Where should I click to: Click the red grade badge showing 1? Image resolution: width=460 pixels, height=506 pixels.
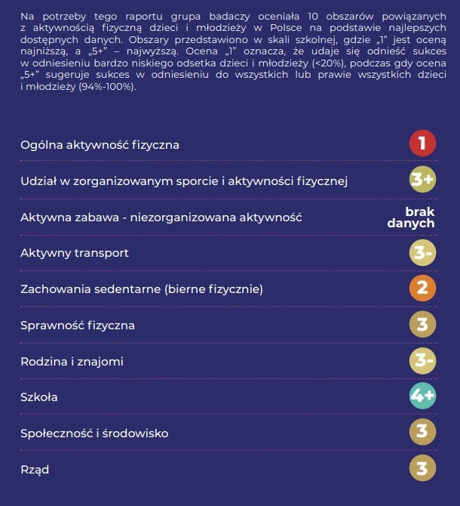pyautogui.click(x=422, y=143)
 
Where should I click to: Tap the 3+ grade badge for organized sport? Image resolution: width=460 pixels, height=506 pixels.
pyautogui.click(x=422, y=180)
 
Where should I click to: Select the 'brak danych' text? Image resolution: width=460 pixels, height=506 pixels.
pyautogui.click(x=411, y=217)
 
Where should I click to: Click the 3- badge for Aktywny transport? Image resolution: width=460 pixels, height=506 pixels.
pyautogui.click(x=422, y=253)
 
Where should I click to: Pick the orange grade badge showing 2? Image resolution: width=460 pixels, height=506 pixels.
pyautogui.click(x=422, y=288)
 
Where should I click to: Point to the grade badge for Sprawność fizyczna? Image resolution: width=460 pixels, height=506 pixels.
pyautogui.click(x=422, y=325)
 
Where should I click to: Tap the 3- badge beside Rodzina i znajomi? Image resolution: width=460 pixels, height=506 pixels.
pyautogui.click(x=422, y=361)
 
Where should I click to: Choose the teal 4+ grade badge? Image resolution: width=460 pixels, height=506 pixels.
pyautogui.click(x=422, y=396)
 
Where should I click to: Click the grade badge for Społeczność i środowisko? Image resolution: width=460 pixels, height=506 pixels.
pyautogui.click(x=422, y=433)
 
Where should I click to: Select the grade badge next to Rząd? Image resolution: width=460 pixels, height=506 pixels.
pyautogui.click(x=422, y=469)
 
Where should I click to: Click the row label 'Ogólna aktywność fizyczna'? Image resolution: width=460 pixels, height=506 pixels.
pyautogui.click(x=100, y=144)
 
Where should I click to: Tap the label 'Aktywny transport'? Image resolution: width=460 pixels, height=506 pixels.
pyautogui.click(x=75, y=253)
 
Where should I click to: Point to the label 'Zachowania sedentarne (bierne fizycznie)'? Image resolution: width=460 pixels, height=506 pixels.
pyautogui.click(x=142, y=289)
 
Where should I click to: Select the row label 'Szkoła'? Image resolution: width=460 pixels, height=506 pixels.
pyautogui.click(x=39, y=397)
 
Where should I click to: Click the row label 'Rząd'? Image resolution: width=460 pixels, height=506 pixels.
pyautogui.click(x=35, y=470)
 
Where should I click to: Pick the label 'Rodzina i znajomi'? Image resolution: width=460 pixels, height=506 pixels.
pyautogui.click(x=72, y=362)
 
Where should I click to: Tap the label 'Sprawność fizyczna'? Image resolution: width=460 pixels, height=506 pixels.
pyautogui.click(x=78, y=326)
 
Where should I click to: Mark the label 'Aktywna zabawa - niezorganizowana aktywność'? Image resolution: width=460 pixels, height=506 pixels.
pyautogui.click(x=161, y=218)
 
